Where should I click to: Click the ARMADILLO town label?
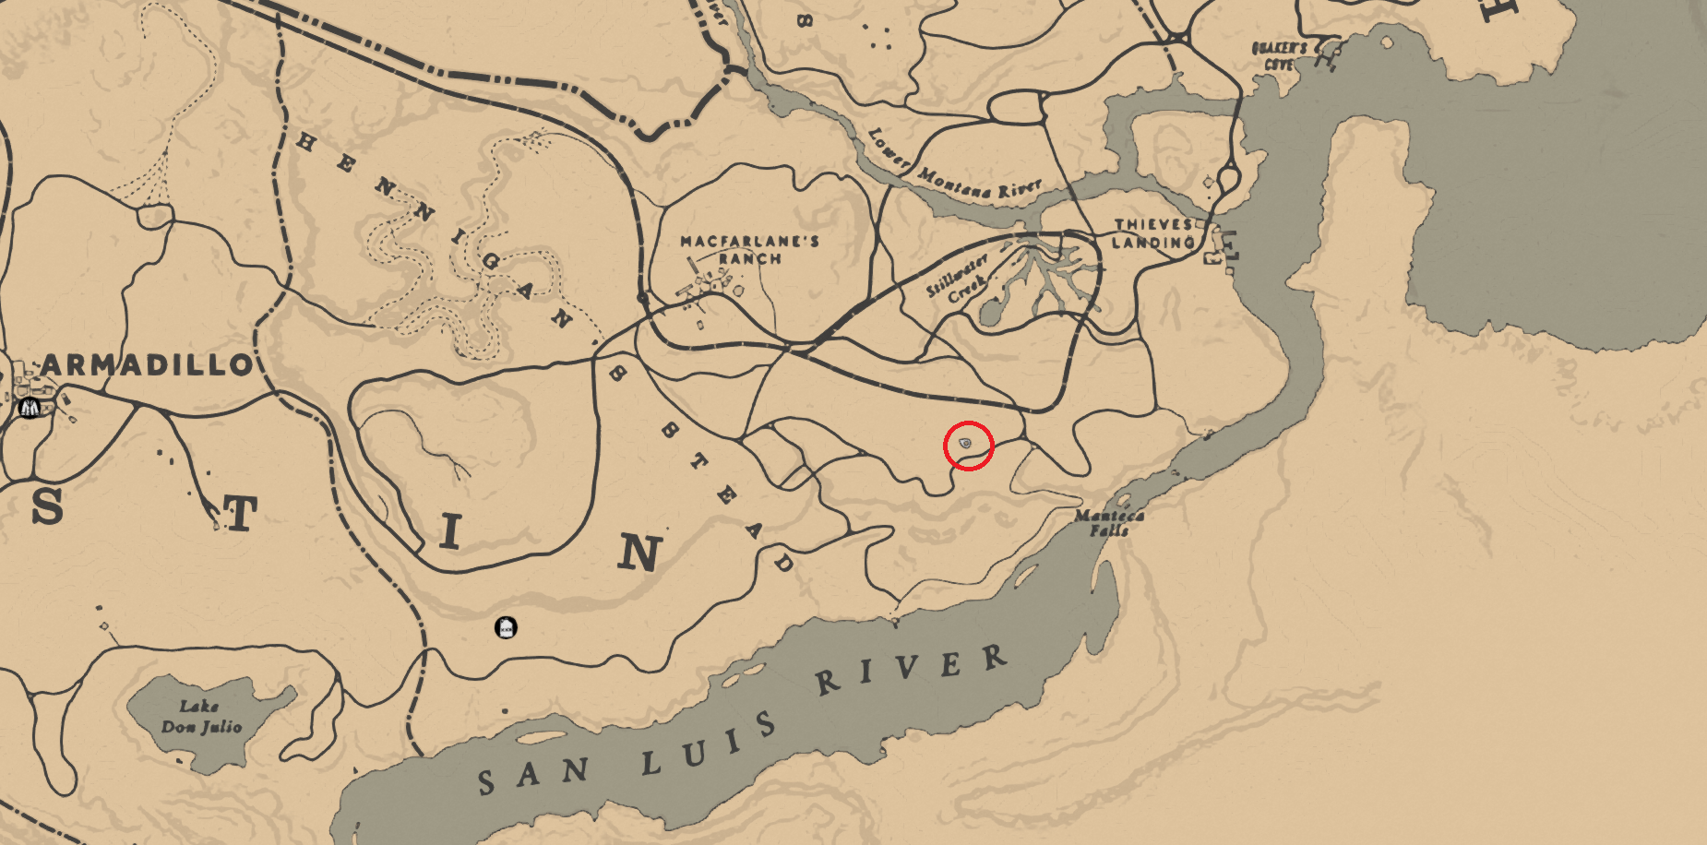[146, 365]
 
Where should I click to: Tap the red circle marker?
[968, 446]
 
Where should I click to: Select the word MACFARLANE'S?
[749, 242]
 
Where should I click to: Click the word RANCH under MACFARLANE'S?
[749, 259]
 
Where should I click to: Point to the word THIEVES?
[1153, 224]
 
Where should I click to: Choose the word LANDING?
[1152, 243]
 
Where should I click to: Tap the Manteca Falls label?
[1109, 523]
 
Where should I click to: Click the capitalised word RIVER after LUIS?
[910, 671]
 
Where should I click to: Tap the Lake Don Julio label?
[201, 717]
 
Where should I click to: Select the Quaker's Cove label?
[1279, 55]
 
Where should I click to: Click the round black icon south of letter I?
[506, 628]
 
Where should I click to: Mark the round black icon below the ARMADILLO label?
[29, 408]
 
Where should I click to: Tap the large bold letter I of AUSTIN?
[449, 532]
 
